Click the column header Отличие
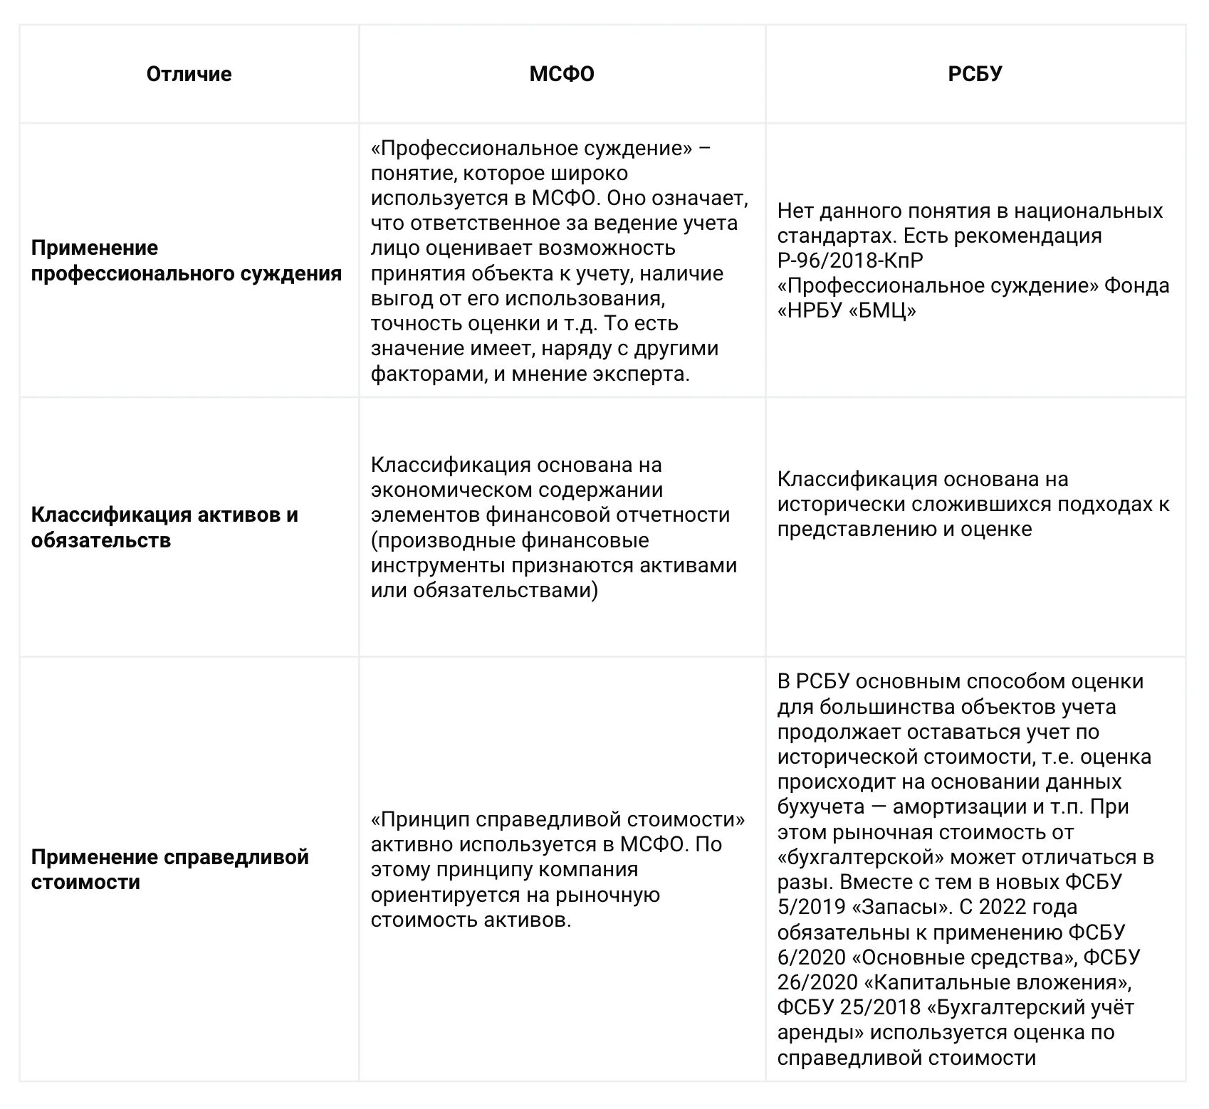tap(189, 74)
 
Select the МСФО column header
tap(562, 74)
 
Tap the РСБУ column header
tap(975, 74)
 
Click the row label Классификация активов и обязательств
tap(164, 527)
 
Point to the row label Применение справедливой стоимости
tap(169, 869)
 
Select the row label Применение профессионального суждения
tap(187, 261)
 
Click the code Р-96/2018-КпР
tap(850, 261)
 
